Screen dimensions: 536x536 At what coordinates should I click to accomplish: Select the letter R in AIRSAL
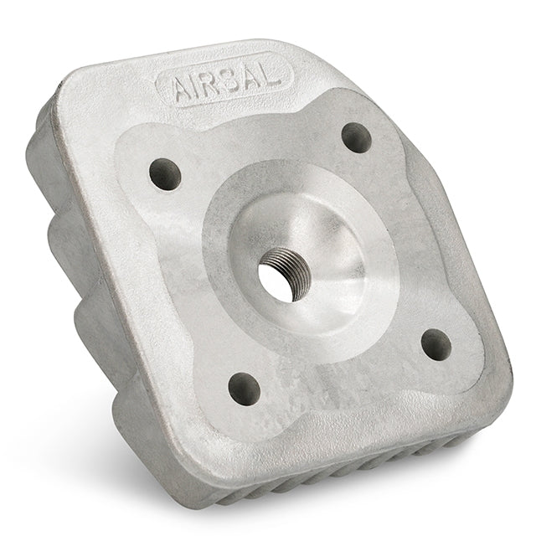pos(213,83)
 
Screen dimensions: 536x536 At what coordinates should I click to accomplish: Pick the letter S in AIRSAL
pos(232,79)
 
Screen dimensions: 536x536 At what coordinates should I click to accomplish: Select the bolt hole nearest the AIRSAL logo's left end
pos(165,174)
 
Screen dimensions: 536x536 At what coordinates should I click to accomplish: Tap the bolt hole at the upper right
pos(357,137)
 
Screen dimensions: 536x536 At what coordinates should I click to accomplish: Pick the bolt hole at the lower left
pos(244,389)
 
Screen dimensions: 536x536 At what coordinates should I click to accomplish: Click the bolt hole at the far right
pos(435,344)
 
